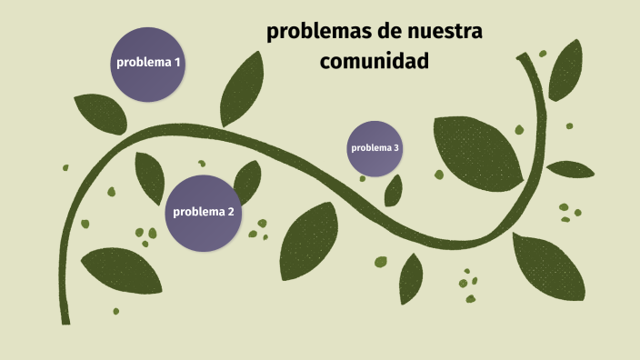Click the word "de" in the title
coord(376,32)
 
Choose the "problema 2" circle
coord(204,213)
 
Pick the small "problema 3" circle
coord(375,147)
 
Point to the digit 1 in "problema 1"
coord(177,63)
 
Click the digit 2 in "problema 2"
coord(231,212)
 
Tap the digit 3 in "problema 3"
coord(396,147)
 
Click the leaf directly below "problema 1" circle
coord(100,113)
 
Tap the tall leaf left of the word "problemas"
coord(241,89)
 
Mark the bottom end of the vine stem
coord(65,320)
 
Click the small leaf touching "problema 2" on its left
coord(149,176)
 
